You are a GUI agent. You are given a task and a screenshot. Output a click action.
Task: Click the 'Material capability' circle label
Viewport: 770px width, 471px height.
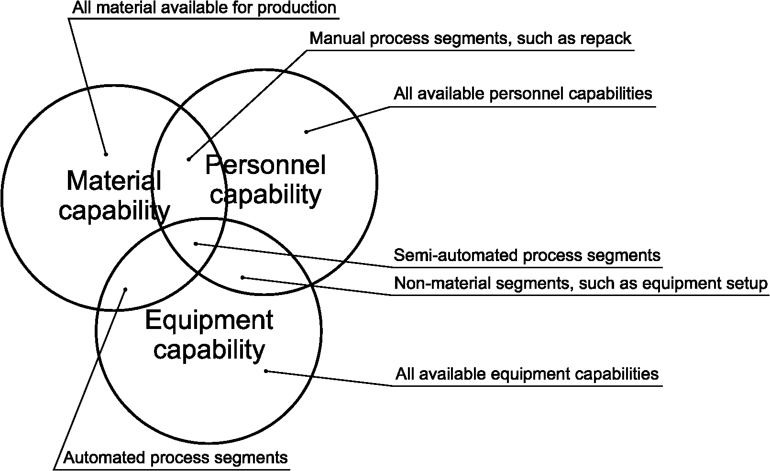tap(114, 196)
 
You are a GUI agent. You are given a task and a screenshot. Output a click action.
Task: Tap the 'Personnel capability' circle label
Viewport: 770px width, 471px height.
tap(265, 180)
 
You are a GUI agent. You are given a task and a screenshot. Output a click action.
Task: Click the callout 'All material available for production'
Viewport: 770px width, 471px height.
tap(204, 8)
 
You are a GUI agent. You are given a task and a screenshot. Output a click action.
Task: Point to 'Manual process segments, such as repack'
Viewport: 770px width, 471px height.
tap(471, 38)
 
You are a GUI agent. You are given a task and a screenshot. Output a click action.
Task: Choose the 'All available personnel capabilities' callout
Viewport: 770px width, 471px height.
tap(523, 93)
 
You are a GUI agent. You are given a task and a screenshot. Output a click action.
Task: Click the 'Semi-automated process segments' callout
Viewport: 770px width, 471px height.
tap(527, 255)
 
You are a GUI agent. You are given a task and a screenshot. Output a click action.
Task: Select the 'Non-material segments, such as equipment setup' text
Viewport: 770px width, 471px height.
tap(581, 284)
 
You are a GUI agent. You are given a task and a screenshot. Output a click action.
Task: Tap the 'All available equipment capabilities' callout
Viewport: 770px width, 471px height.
tap(527, 373)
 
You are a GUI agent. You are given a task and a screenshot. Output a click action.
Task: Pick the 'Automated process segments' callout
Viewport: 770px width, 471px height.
tap(176, 458)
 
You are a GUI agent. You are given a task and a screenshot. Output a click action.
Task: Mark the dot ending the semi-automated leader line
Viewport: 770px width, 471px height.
tap(195, 244)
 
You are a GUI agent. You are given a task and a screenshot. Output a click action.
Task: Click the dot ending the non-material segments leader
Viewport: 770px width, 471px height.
tap(242, 277)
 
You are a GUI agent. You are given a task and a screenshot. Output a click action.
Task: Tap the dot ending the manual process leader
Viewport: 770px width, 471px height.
tap(189, 159)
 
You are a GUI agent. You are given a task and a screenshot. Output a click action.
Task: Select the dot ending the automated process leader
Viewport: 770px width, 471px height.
tap(126, 289)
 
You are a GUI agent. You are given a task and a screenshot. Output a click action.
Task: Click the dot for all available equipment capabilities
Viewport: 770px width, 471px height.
tap(266, 371)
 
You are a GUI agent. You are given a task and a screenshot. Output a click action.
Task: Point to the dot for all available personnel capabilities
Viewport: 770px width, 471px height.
tap(307, 131)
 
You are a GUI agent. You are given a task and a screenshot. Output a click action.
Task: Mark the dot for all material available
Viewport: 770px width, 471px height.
tap(106, 154)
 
